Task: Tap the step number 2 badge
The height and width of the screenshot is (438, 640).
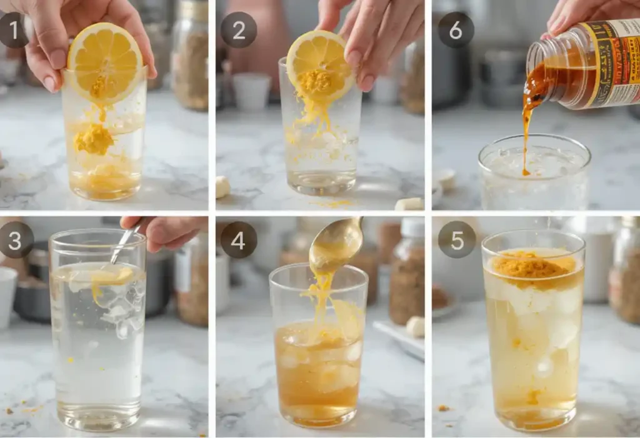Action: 238,30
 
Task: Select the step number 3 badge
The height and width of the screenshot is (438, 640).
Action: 14,240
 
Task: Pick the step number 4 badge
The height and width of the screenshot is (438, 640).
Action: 238,240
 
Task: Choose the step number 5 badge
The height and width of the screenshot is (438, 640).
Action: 456,240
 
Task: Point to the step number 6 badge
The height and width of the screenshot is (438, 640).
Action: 456,30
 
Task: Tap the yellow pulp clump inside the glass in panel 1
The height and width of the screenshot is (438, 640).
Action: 94,139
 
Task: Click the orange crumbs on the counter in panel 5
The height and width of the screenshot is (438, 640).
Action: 443,407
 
